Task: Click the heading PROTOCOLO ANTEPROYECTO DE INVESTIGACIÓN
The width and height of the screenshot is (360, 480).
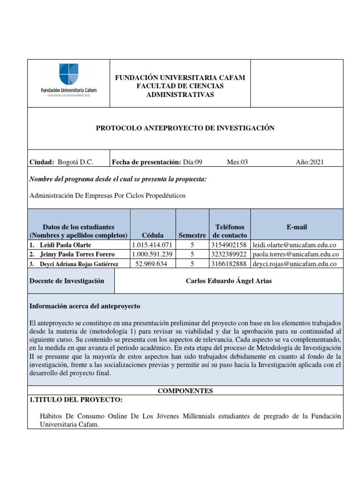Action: [185, 128]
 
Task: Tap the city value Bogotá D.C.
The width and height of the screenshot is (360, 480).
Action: [75, 162]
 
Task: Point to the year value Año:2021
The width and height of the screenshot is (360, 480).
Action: [309, 162]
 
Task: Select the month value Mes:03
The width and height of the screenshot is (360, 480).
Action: [237, 162]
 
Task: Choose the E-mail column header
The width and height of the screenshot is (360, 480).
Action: [297, 227]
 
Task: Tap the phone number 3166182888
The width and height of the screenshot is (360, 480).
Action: [227, 263]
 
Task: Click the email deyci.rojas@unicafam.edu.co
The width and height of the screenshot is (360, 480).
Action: [294, 263]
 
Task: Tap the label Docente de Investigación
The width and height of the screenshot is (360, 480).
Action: [67, 281]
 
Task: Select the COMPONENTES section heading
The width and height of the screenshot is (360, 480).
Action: [185, 390]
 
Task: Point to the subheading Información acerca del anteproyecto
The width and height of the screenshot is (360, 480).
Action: [85, 306]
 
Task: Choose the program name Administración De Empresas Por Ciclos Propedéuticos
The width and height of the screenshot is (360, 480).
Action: [107, 195]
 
